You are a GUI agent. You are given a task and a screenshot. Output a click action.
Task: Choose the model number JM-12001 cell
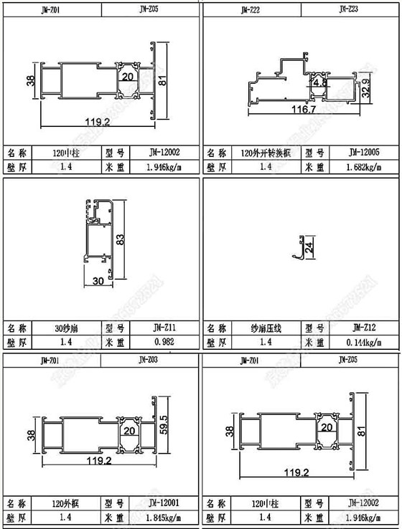(x=164, y=502)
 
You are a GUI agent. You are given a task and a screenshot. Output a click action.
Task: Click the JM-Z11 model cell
(x=164, y=328)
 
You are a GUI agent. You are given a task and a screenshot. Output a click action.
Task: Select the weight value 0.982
(x=164, y=342)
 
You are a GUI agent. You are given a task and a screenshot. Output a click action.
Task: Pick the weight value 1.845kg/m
(x=164, y=516)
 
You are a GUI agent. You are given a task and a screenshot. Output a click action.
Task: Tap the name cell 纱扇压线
(x=266, y=328)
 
